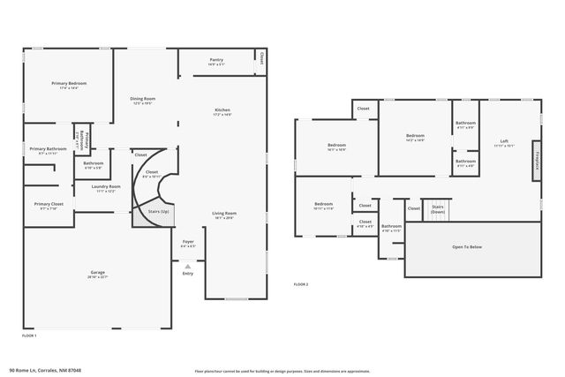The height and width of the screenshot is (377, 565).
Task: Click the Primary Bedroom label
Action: tap(69, 83)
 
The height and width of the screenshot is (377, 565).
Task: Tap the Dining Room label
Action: tap(143, 99)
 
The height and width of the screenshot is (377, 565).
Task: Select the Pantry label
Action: tap(216, 60)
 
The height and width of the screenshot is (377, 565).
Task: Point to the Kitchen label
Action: tap(222, 110)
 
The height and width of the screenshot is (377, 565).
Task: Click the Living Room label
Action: tap(224, 214)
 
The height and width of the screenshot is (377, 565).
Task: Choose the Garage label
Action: tap(97, 272)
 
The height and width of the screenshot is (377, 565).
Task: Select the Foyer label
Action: tap(188, 241)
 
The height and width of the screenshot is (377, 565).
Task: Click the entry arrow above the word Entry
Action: tap(187, 265)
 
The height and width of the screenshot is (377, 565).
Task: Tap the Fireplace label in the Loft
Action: tap(537, 159)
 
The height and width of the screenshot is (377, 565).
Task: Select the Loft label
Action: tap(504, 141)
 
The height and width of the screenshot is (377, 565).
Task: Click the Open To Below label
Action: tap(468, 247)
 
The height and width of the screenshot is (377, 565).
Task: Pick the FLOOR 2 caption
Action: tap(301, 284)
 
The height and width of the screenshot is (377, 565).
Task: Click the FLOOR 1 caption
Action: tap(29, 336)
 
